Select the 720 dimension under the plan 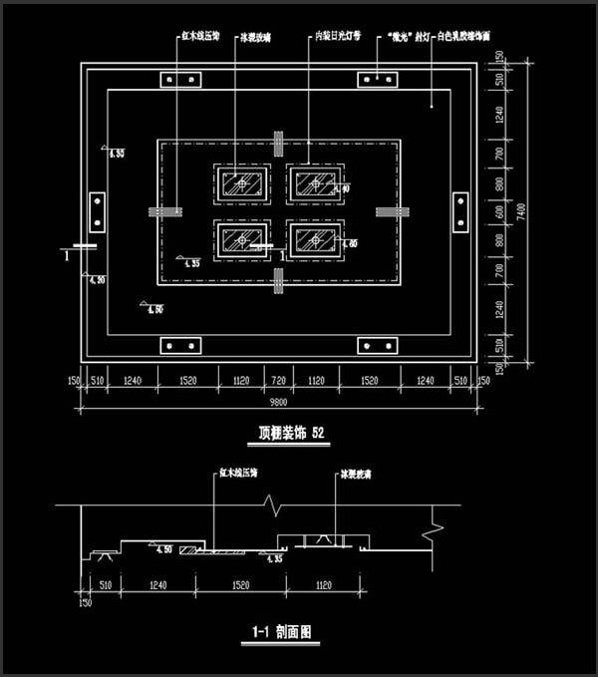tap(279, 380)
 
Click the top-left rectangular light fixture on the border tap(180, 79)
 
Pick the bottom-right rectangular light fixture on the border tap(379, 345)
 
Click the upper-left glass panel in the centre tap(241, 183)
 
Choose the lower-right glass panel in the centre tap(315, 239)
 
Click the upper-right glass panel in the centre tap(315, 183)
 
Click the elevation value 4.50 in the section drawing tap(163, 548)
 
